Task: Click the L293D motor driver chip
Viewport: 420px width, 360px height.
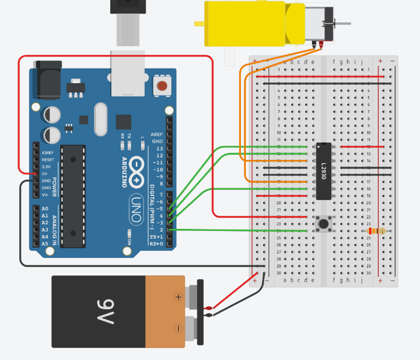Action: pyautogui.click(x=323, y=171)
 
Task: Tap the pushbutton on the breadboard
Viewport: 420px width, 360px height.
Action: pyautogui.click(x=323, y=224)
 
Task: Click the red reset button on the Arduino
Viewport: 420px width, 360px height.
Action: pyautogui.click(x=162, y=86)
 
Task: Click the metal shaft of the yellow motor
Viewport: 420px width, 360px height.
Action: pyautogui.click(x=342, y=24)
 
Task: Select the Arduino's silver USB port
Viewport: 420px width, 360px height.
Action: pyautogui.click(x=127, y=73)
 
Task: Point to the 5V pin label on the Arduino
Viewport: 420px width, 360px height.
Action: pyautogui.click(x=45, y=173)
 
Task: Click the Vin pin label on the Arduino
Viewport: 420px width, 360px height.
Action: pyautogui.click(x=46, y=195)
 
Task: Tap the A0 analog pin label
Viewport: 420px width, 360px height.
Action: pyautogui.click(x=45, y=209)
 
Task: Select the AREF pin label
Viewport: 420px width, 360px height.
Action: pyautogui.click(x=157, y=134)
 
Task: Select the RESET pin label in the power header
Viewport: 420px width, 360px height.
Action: pyautogui.click(x=48, y=159)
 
